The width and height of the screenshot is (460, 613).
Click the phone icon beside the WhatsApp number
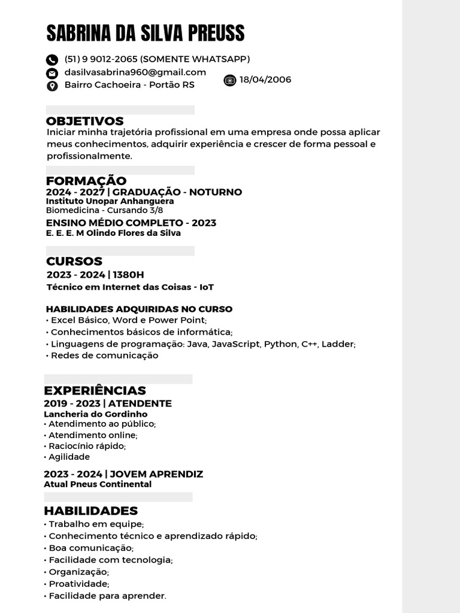(x=52, y=59)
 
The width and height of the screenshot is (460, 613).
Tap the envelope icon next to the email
(x=52, y=73)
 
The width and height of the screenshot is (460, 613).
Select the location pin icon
(x=52, y=86)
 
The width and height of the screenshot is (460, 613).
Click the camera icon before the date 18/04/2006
(x=230, y=80)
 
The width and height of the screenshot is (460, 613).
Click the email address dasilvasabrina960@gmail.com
(x=135, y=72)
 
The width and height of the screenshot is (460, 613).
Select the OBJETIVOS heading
(x=85, y=122)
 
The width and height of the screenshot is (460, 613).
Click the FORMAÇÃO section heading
(x=86, y=181)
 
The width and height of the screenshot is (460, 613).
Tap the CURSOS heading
(x=74, y=262)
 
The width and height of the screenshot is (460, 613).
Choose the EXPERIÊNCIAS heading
(x=95, y=391)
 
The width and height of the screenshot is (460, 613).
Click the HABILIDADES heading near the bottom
(x=90, y=511)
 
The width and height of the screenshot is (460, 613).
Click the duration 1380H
(x=129, y=275)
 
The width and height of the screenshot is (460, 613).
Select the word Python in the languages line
(x=280, y=344)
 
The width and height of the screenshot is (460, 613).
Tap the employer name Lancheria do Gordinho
(x=95, y=414)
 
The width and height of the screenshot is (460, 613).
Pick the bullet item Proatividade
(x=78, y=584)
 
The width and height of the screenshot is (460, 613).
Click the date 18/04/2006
(x=265, y=80)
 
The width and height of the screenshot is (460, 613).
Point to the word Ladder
(x=338, y=344)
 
